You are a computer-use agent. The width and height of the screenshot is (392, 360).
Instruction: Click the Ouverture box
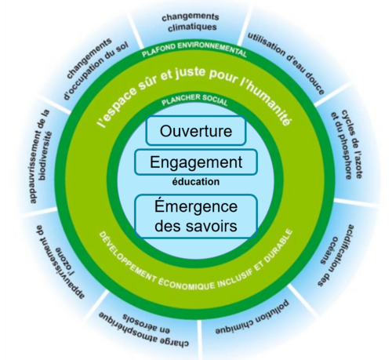[x=196, y=131]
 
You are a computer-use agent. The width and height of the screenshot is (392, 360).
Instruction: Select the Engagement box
[x=196, y=162]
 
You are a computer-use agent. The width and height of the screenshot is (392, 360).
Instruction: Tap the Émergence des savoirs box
[x=196, y=216]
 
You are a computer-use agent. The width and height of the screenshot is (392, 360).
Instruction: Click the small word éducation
[x=196, y=182]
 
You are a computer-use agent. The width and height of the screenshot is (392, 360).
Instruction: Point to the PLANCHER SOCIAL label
[x=194, y=100]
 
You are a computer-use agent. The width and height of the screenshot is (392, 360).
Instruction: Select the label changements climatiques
[x=191, y=22]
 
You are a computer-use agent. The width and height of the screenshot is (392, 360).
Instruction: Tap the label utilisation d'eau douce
[x=287, y=63]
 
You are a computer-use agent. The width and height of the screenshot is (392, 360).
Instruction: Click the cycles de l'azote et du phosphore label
[x=347, y=144]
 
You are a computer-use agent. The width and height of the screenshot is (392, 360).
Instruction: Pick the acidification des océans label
[x=336, y=255]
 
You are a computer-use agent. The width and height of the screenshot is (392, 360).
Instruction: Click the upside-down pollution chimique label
[x=252, y=317]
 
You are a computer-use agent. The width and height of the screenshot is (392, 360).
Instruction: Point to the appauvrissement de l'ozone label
[x=60, y=261]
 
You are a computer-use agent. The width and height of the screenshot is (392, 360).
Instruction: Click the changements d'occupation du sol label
[x=95, y=68]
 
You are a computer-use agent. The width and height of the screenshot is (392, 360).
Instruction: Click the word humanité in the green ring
[x=269, y=104]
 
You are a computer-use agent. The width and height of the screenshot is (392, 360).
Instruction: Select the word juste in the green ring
[x=191, y=74]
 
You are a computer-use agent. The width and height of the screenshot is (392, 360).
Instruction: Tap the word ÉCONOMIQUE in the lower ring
[x=186, y=284]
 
